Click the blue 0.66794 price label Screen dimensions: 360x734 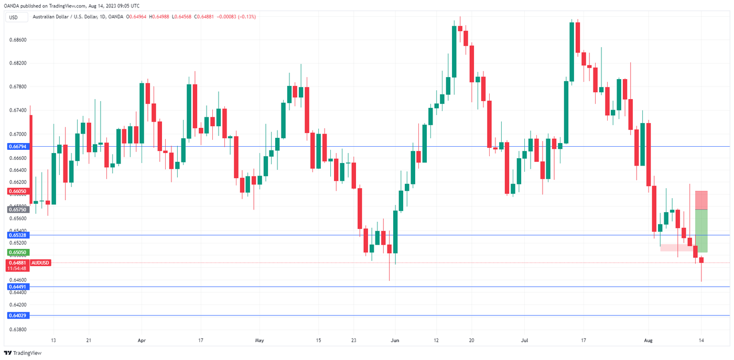click(x=18, y=146)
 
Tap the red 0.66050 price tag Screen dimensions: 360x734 click(x=18, y=191)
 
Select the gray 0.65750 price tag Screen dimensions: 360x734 click(x=18, y=209)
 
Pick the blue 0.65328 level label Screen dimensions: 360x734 click(x=18, y=235)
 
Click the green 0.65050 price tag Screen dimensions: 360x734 click(x=18, y=252)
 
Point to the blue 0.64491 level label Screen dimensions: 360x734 click(x=18, y=287)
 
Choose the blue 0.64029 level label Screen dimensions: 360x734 click(x=18, y=315)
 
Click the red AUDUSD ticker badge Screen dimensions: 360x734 click(x=40, y=263)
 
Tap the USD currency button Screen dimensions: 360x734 click(x=14, y=17)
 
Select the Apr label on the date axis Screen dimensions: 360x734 click(x=142, y=340)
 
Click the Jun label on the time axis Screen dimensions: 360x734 click(x=395, y=340)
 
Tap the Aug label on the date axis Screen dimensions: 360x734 click(x=649, y=340)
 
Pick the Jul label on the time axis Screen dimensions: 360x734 click(x=525, y=340)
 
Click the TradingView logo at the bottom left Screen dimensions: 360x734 click(x=23, y=353)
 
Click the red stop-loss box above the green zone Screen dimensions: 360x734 click(x=701, y=200)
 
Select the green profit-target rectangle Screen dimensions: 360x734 click(x=701, y=231)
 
